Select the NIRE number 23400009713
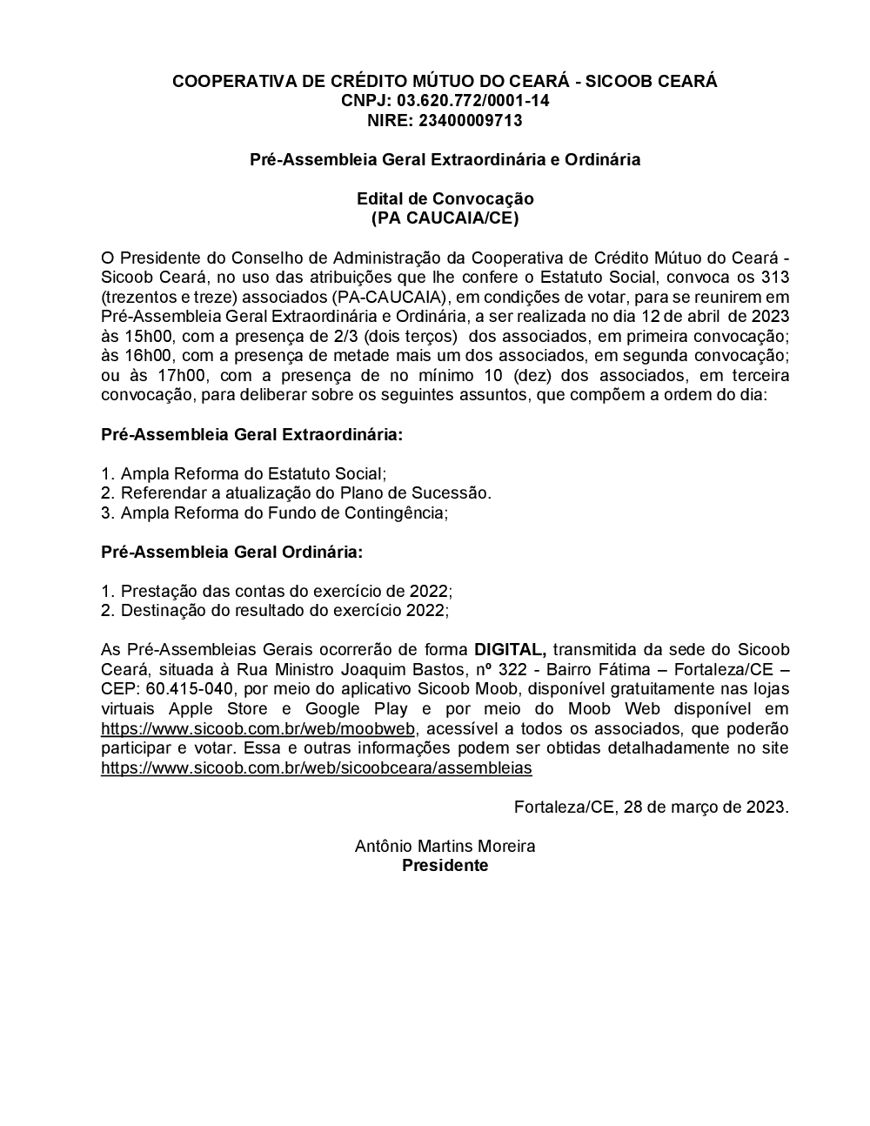[470, 121]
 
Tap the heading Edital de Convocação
[445, 199]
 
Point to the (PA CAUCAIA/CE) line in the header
[445, 218]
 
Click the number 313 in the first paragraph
[774, 278]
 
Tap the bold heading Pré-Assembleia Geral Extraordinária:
[252, 434]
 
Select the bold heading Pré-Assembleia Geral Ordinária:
[232, 552]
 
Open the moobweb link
[258, 728]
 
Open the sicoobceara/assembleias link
[316, 767]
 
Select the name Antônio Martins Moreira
[445, 846]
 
